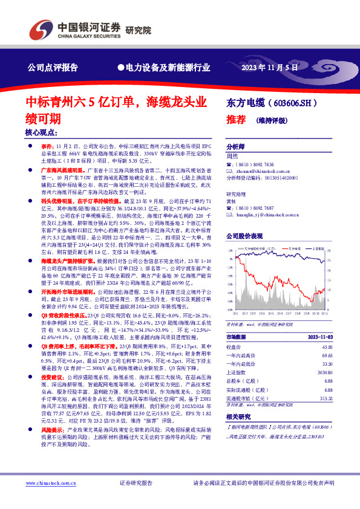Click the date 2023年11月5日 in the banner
click(x=270, y=68)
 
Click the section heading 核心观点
click(x=41, y=133)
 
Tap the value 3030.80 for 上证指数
click(x=325, y=374)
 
